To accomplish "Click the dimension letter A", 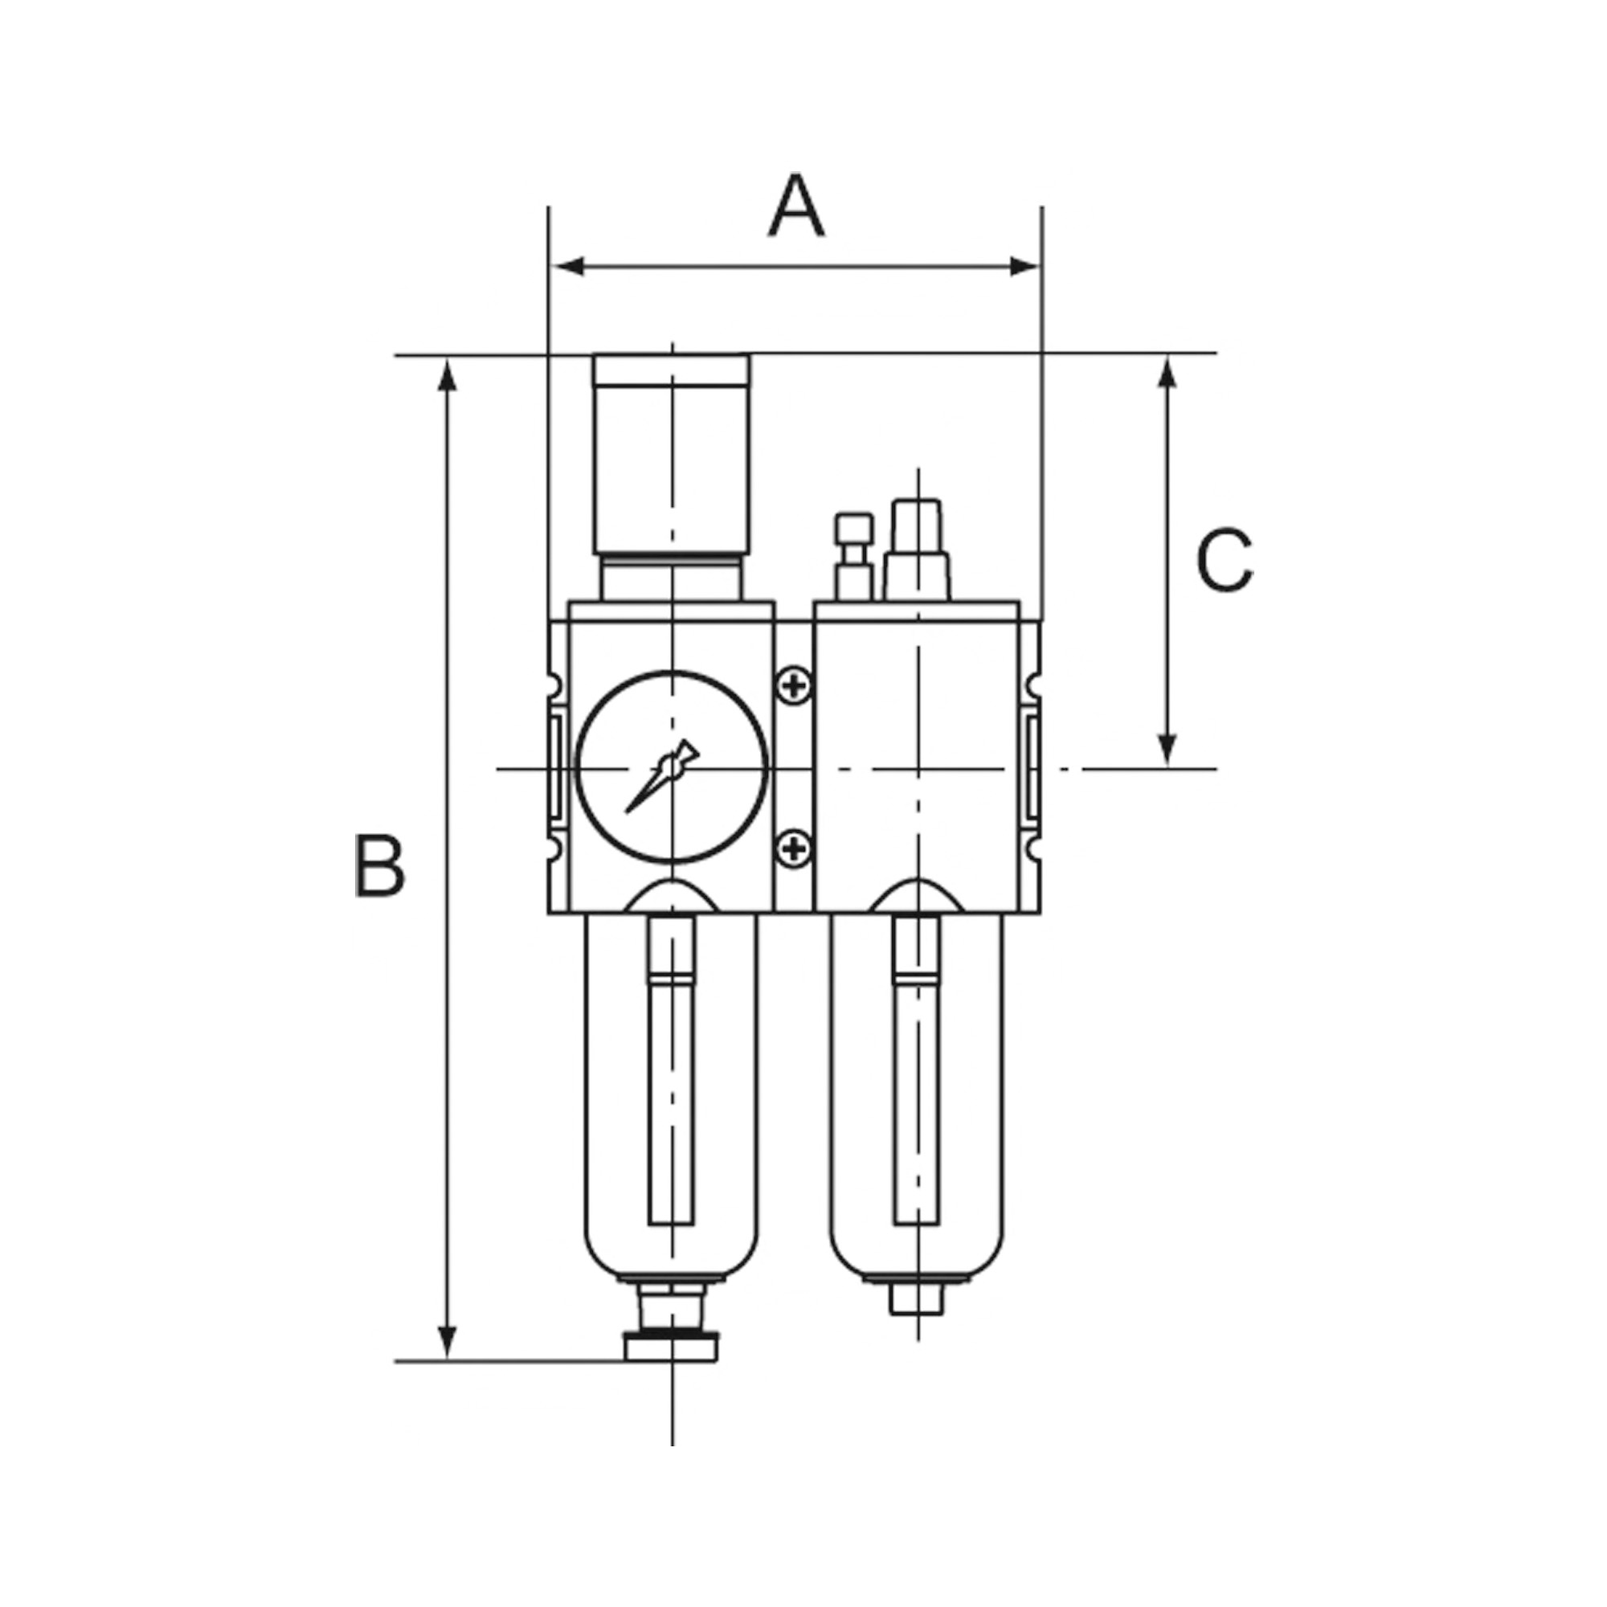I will [x=796, y=206].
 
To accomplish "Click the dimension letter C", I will [x=1224, y=561].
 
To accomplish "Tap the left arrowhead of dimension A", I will [x=568, y=266].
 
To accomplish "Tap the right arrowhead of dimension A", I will [x=1024, y=266].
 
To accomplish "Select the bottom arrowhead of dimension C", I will [x=1167, y=748].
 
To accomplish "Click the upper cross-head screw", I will [x=795, y=686].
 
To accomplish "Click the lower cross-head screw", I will [x=795, y=848].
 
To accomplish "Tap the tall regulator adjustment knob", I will [x=671, y=453].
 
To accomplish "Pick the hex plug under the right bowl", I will [x=917, y=1322].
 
